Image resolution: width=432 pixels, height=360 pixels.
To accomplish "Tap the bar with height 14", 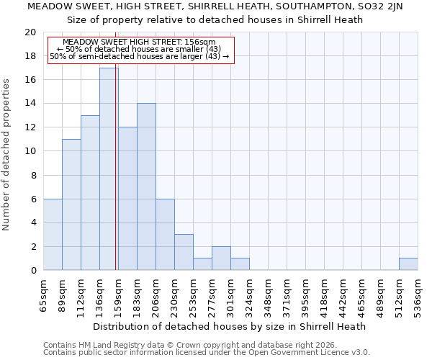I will click(146, 187).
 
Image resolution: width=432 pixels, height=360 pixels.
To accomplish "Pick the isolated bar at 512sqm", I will click(408, 264).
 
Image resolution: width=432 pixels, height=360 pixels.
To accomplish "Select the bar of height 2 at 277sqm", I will click(221, 258).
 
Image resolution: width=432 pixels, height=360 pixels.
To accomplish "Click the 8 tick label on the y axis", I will click(32, 175).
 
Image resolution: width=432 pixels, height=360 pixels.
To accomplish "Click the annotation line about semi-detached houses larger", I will click(140, 56).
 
